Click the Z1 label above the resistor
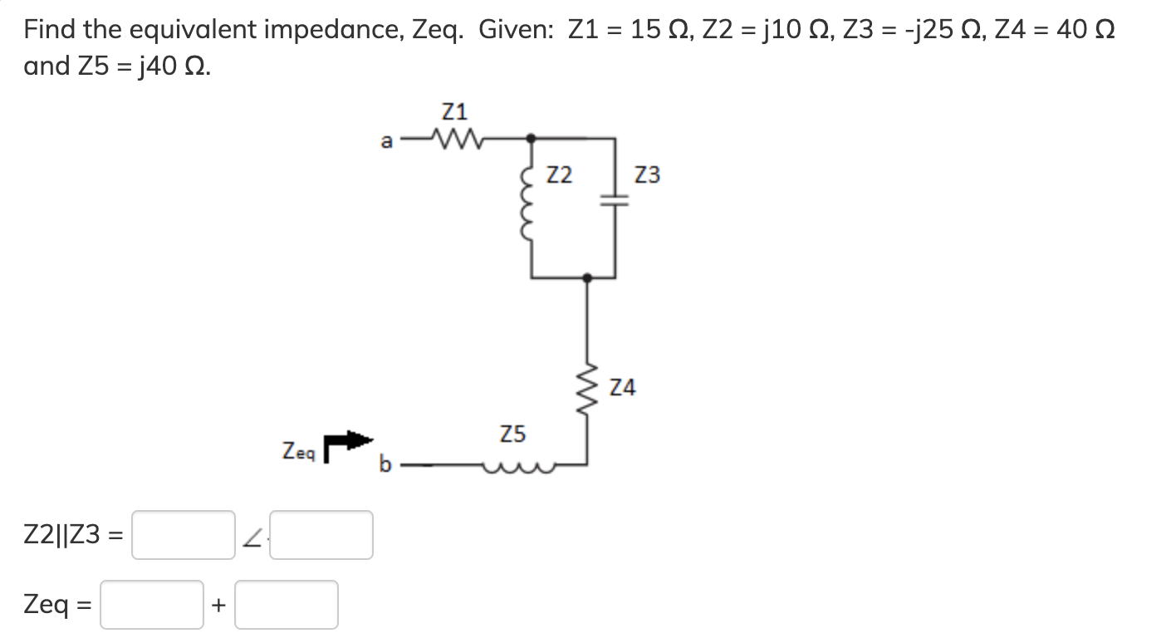(x=454, y=110)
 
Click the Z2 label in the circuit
(x=560, y=175)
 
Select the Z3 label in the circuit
(x=647, y=175)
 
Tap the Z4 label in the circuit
(x=623, y=387)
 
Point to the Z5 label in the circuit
(x=512, y=434)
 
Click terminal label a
(x=385, y=141)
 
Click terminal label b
(x=385, y=464)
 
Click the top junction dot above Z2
(x=531, y=139)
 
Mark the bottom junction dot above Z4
(x=588, y=278)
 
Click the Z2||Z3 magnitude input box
(x=183, y=535)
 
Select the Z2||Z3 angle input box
(x=321, y=535)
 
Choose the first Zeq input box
(x=152, y=605)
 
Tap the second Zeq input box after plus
(x=287, y=605)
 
